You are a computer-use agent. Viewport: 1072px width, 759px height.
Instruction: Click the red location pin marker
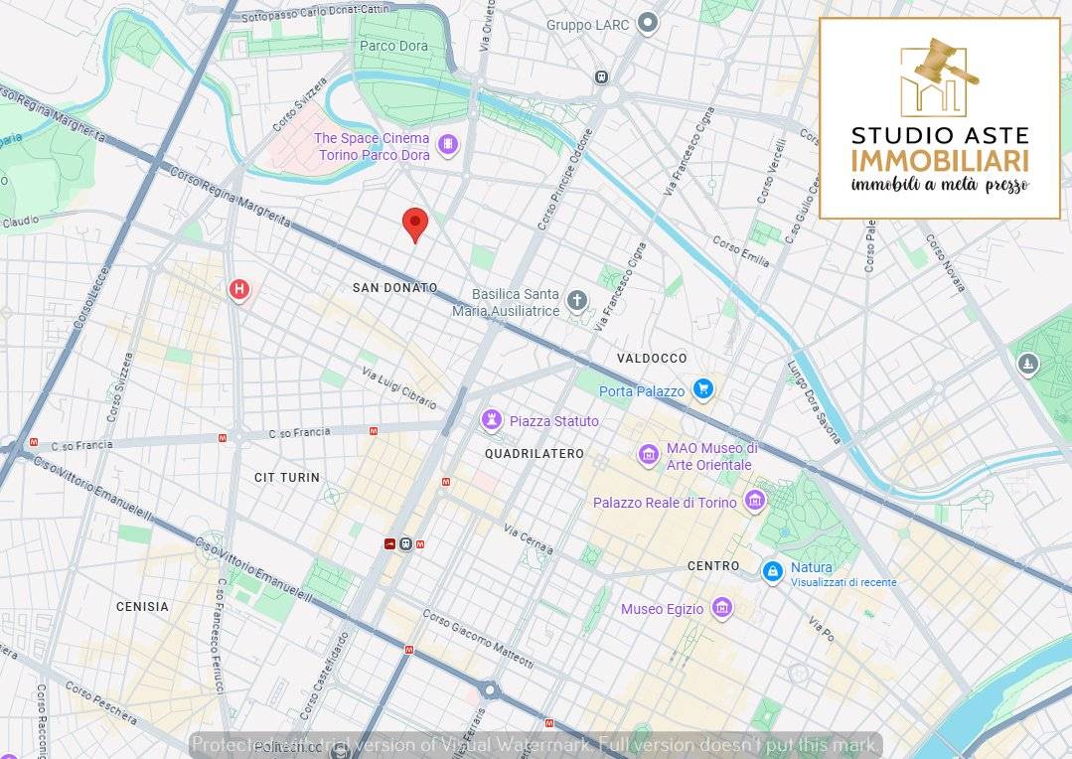click(415, 224)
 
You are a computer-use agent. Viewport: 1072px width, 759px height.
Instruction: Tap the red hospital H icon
click(238, 290)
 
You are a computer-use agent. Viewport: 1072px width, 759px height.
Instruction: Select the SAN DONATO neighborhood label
click(394, 287)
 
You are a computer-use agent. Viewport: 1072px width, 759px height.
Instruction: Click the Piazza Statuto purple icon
click(491, 420)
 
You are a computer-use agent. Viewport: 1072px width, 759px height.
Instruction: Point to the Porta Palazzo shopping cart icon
click(703, 389)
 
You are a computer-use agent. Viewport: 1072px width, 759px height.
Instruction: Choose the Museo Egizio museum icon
click(722, 608)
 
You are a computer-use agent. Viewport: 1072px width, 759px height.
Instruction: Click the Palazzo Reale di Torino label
click(665, 503)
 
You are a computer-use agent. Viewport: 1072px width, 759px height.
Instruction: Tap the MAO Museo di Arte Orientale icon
click(648, 456)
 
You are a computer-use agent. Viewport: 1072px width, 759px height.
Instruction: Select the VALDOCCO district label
click(651, 358)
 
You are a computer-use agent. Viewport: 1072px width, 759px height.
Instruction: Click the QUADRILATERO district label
click(534, 453)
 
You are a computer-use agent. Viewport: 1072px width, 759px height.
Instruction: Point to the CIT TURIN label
click(287, 477)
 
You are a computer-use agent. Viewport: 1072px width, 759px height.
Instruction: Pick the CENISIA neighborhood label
click(142, 606)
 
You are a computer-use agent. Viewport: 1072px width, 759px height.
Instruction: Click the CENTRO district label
click(713, 565)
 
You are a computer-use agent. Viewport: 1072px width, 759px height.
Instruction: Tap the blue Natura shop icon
click(772, 571)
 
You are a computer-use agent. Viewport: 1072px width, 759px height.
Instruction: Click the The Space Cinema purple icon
click(448, 146)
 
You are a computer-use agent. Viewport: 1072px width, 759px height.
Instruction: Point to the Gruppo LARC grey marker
click(648, 23)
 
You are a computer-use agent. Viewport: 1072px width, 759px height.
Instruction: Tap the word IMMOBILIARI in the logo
click(939, 161)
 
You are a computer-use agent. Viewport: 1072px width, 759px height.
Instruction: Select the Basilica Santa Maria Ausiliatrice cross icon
click(577, 300)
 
